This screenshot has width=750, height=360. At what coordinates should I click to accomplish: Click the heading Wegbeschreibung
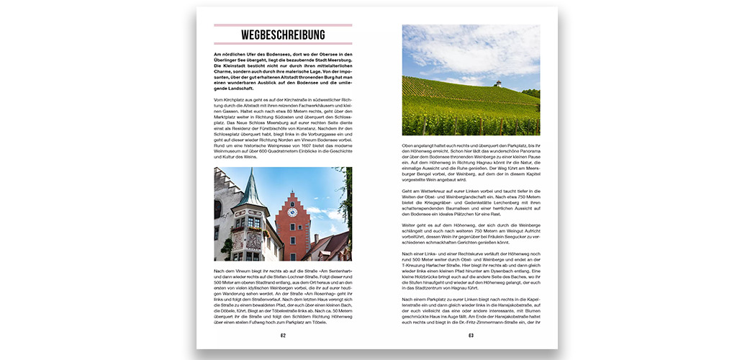click(x=283, y=35)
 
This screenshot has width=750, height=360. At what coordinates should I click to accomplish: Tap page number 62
click(x=283, y=336)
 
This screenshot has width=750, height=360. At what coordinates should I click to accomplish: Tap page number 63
click(x=471, y=336)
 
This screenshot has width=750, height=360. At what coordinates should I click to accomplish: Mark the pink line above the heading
click(x=283, y=25)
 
